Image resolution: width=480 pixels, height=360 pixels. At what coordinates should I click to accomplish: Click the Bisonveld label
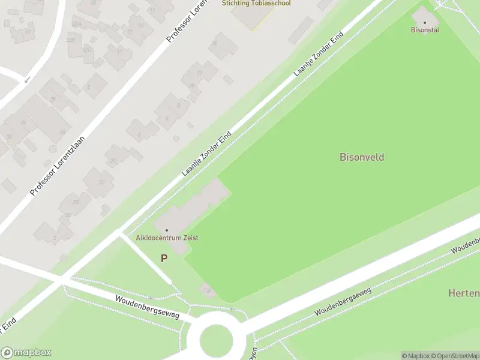362,157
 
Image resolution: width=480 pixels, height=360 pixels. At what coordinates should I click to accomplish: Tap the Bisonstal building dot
425,23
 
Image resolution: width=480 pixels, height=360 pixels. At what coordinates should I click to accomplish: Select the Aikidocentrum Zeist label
167,238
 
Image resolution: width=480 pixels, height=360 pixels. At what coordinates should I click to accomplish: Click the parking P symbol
164,258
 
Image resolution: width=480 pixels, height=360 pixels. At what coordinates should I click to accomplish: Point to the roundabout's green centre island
216,340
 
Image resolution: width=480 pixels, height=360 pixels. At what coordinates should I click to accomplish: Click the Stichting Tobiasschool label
256,4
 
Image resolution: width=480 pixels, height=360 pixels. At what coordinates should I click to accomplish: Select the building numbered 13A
208,291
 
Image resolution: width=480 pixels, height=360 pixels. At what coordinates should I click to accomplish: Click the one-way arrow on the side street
26,79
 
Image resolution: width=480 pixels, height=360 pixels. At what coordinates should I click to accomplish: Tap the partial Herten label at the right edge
464,293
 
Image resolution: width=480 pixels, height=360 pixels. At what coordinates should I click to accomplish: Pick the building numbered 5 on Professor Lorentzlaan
89,88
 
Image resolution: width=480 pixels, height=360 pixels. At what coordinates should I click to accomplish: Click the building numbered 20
113,160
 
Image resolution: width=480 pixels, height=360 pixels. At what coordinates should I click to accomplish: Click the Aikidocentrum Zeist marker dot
167,230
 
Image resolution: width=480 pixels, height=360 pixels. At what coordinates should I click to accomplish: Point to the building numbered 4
139,135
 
